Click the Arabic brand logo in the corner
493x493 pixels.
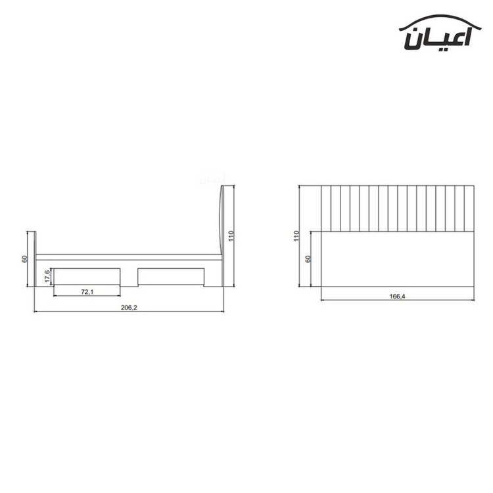pyautogui.click(x=440, y=32)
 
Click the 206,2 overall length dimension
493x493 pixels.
pyautogui.click(x=129, y=308)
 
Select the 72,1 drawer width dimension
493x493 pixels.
pyautogui.click(x=87, y=292)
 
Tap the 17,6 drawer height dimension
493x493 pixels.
pyautogui.click(x=47, y=276)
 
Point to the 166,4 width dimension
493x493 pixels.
pyautogui.click(x=398, y=296)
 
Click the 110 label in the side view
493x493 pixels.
pyautogui.click(x=231, y=236)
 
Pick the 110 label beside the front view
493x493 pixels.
pyautogui.click(x=296, y=236)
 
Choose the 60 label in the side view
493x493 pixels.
pyautogui.click(x=24, y=259)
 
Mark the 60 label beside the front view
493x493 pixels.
pyautogui.click(x=308, y=259)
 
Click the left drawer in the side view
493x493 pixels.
pyautogui.click(x=87, y=276)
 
